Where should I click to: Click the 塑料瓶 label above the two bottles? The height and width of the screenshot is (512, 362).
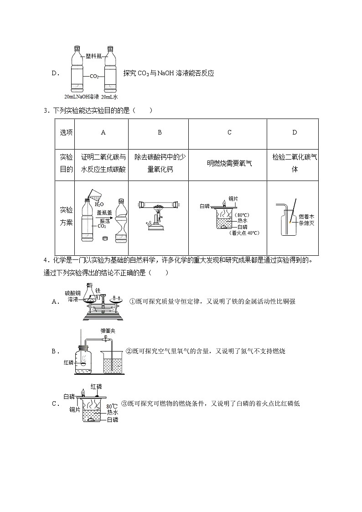93,57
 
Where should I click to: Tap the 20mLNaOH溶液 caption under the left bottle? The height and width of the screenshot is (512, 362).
82,97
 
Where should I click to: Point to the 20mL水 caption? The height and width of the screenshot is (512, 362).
109,97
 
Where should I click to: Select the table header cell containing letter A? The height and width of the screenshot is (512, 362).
103,132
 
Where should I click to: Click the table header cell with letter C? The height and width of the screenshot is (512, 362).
229,132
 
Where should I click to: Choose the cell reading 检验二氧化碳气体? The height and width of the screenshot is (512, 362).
295,163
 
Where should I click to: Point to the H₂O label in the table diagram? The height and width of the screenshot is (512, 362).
99,204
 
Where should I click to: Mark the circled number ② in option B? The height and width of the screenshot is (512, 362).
129,351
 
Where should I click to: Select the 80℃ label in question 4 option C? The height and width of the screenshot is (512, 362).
112,406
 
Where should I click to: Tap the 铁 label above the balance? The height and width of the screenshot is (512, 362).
97,290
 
